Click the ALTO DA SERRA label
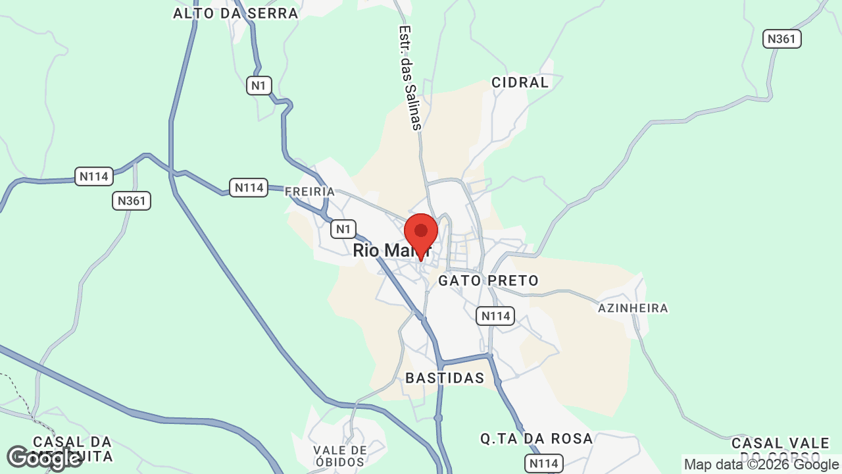235,13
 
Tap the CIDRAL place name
520,82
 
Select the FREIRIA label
310,192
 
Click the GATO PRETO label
488,280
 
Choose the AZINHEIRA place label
633,308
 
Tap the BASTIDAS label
445,378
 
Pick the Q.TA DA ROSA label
537,438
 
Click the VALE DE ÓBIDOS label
340,456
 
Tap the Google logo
44,458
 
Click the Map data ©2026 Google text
761,464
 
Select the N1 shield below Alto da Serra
259,86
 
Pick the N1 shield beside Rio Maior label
343,229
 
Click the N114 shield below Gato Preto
495,316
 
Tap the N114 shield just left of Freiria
249,188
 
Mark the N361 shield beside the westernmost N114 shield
132,201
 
